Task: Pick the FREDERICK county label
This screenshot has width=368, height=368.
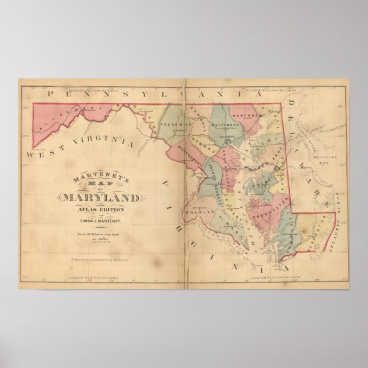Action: pos(174,124)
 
